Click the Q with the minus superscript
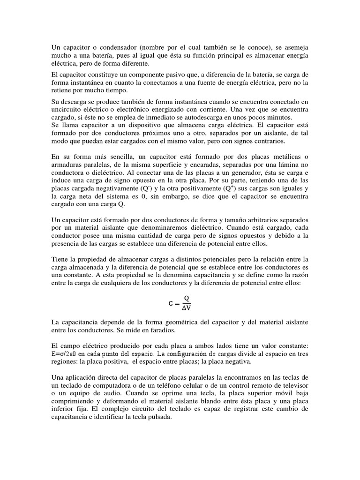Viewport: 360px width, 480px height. pyautogui.click(x=150, y=188)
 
